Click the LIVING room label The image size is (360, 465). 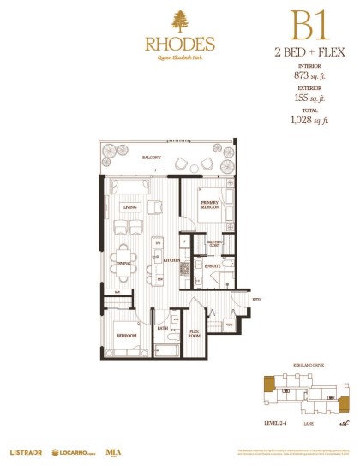pos(130,206)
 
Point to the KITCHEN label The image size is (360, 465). pos(171,259)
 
